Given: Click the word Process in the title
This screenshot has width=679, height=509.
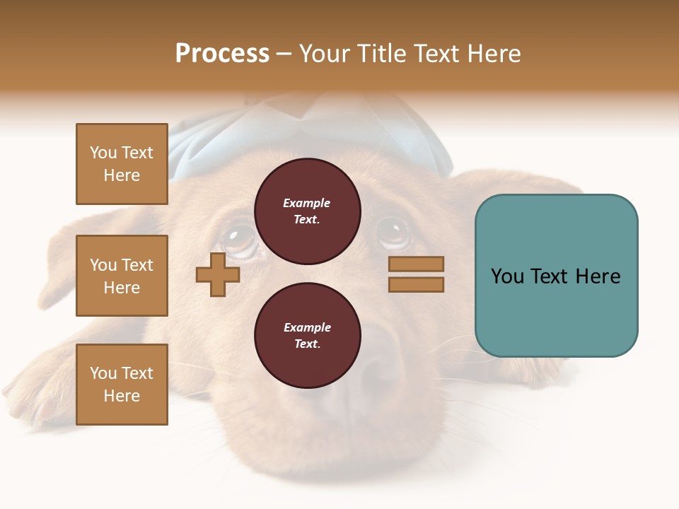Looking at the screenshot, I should point(222,54).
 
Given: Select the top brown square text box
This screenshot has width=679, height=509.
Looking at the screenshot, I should point(122,164).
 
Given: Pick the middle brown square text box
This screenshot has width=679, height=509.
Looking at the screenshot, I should point(122,276).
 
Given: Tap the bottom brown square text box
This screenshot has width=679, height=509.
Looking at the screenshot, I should point(122,384).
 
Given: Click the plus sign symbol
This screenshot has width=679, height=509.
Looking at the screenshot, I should point(218,274).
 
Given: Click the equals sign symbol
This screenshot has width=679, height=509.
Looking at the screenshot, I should point(416,274).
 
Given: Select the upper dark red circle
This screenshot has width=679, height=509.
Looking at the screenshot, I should point(307,211).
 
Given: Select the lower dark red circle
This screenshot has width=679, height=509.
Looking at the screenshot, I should point(307,336).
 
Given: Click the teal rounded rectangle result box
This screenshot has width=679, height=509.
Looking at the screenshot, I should point(556,276).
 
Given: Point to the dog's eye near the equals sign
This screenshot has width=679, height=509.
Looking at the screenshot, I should point(391,232).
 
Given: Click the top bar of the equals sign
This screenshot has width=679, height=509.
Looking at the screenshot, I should point(416,264).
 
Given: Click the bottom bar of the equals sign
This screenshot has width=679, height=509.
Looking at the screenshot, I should point(416,284).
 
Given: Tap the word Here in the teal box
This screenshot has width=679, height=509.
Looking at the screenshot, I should point(597,276).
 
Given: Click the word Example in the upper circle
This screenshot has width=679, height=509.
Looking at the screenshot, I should point(307,203).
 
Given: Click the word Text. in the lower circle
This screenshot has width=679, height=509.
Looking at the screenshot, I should point(307,344).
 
